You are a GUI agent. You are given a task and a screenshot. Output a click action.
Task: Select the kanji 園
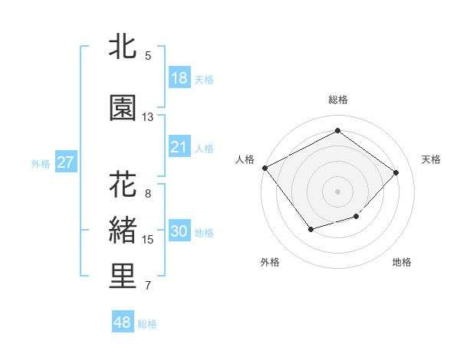pos(123,108)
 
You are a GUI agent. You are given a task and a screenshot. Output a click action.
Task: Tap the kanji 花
pos(123,185)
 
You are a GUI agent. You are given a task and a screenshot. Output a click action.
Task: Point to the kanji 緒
pos(123,231)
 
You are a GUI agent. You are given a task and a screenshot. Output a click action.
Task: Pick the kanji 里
pos(123,277)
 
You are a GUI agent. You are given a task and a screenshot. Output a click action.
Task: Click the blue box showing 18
pos(179,78)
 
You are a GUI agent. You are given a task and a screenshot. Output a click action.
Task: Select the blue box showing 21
pos(179,147)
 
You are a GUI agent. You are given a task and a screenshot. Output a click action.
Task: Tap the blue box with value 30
pos(179,231)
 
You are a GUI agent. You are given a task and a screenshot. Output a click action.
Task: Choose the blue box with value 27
pos(65,162)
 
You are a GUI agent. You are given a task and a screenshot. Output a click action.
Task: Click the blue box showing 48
pos(123,322)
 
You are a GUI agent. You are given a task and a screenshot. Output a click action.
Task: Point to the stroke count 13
pos(147,117)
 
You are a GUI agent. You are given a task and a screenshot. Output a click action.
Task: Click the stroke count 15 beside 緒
pos(147,240)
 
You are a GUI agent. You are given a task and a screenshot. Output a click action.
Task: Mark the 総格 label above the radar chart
pos(337,100)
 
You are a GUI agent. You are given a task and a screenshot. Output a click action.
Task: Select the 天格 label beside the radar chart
pos(431,159)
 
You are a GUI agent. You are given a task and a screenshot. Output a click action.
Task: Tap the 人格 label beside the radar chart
pos(245,159)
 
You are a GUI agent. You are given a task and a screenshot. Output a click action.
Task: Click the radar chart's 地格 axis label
pos(402,262)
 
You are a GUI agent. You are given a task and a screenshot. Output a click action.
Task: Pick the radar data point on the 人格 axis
pos(264,167)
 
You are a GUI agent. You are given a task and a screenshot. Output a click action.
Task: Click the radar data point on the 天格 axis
pos(396,172)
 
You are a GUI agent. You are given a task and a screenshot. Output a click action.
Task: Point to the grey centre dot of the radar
pos(337,191)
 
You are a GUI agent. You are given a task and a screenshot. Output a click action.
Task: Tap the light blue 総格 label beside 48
pos(147,324)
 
